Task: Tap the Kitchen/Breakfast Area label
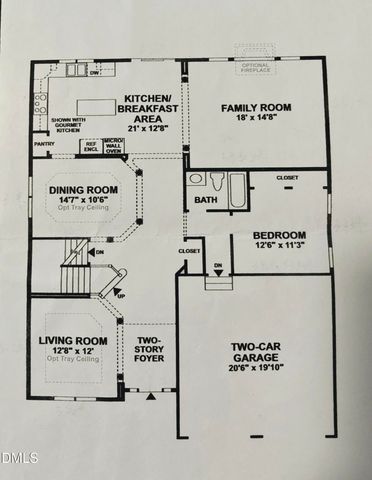[150, 105]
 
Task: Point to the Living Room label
[72, 341]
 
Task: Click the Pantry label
[44, 144]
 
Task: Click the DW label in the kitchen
[94, 73]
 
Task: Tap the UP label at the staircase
[121, 297]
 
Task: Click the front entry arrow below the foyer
[152, 397]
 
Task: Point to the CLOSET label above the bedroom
[287, 177]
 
